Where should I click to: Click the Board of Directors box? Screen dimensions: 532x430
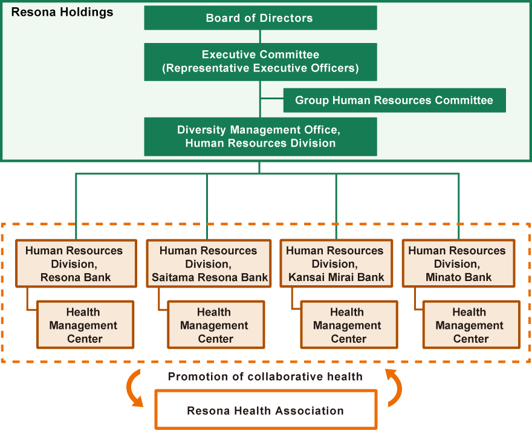260,18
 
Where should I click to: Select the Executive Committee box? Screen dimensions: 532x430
260,62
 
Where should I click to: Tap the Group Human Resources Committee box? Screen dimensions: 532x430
394,101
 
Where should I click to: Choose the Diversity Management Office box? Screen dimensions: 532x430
260,137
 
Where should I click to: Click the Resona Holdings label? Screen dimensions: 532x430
62,12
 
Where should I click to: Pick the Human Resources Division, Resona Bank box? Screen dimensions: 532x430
76,263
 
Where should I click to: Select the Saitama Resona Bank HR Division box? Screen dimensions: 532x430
209,263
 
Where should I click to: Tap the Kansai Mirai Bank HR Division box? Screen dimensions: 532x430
336,263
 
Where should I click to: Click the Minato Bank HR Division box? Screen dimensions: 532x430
458,263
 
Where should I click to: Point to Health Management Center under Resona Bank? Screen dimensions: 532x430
85,325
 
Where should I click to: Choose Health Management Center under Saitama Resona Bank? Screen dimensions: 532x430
216,325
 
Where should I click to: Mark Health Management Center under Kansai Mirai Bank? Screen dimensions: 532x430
349,325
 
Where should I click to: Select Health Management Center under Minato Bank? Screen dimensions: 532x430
472,325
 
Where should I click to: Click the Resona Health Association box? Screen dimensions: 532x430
265,409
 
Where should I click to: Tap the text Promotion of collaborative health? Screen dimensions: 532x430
265,377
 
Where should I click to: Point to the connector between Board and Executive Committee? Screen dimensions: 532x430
260,36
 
